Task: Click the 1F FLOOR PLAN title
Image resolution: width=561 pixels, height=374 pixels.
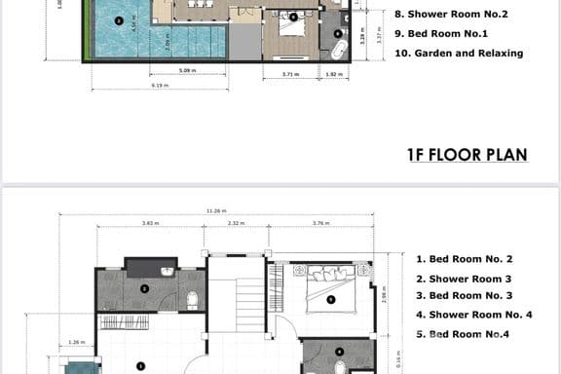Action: click(x=467, y=154)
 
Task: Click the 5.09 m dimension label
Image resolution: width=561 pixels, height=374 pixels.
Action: click(x=184, y=71)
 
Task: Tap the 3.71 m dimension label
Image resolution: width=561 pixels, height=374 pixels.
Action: click(x=289, y=74)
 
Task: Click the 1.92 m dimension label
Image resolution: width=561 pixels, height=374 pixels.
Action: click(x=332, y=74)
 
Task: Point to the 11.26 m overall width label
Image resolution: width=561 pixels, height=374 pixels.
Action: click(x=216, y=210)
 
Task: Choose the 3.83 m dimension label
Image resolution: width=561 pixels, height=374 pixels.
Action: click(x=150, y=223)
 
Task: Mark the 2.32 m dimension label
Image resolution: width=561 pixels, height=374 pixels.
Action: click(x=236, y=223)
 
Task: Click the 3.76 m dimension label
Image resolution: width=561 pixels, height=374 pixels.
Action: click(x=318, y=223)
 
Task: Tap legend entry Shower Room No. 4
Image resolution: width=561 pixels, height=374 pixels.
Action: click(x=473, y=315)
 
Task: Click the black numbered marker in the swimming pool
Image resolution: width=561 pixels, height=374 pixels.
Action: click(x=119, y=19)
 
